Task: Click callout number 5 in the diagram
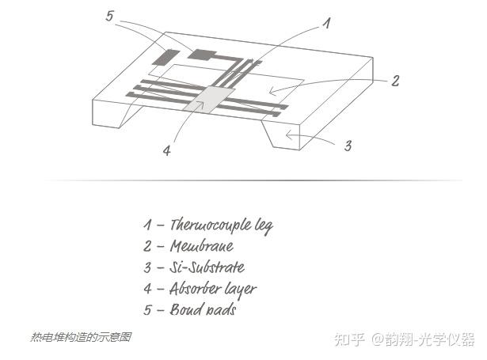tap(110, 15)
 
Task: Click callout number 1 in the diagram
tap(325, 24)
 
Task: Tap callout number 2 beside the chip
tap(395, 80)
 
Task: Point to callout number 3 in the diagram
tap(348, 146)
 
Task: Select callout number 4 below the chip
tap(167, 151)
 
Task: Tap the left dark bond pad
tap(166, 57)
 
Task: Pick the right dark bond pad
tap(202, 55)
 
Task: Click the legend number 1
tap(147, 225)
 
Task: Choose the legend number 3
tap(148, 267)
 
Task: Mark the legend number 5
tap(148, 309)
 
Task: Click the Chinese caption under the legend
tap(81, 338)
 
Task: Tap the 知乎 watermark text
tap(349, 339)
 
